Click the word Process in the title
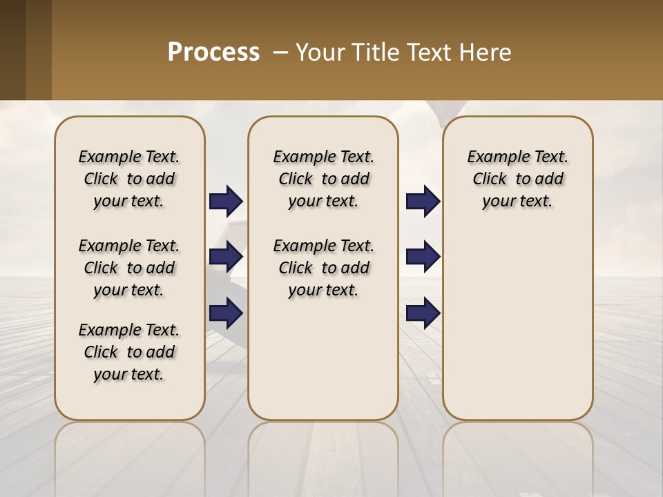tap(213, 52)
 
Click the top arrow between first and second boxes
tap(226, 202)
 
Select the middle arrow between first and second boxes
tap(226, 257)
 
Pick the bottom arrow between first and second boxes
tap(226, 313)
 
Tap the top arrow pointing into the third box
tap(423, 202)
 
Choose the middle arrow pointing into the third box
tap(423, 257)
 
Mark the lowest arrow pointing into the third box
tap(423, 313)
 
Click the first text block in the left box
tap(129, 179)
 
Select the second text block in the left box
tap(129, 268)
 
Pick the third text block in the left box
tap(129, 352)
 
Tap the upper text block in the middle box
tap(323, 179)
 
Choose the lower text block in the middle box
tap(323, 268)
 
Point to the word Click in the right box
tap(490, 179)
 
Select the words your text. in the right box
tap(517, 202)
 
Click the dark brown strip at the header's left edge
tap(12, 50)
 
